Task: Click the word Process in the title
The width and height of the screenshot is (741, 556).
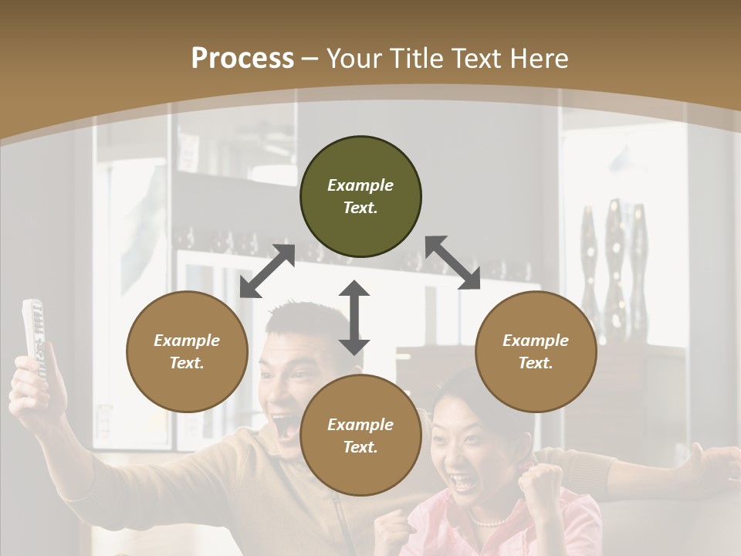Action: [242, 58]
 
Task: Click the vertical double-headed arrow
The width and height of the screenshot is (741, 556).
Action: [354, 318]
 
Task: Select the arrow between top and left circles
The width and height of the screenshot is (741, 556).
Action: [267, 271]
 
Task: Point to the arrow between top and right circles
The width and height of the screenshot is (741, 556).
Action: [453, 263]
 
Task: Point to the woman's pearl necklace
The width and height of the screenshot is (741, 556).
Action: [486, 523]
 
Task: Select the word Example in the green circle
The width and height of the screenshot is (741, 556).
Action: [360, 185]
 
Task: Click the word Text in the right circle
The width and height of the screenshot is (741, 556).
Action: [536, 363]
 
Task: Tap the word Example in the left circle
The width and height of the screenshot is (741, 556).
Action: [187, 341]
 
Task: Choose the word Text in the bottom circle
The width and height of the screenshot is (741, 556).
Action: [360, 447]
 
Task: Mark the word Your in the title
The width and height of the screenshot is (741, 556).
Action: [354, 58]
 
